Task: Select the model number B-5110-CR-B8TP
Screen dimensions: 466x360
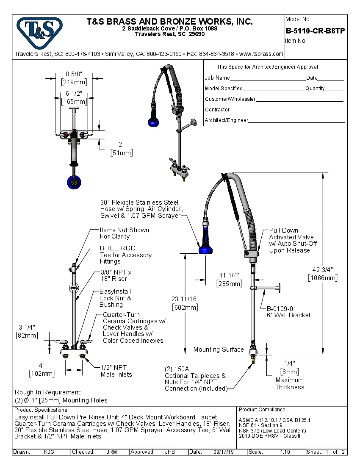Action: tap(316, 31)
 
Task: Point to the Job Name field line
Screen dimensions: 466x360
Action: tap(268, 78)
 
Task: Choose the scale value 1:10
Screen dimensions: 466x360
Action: tap(285, 452)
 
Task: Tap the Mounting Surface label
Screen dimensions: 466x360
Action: tap(219, 349)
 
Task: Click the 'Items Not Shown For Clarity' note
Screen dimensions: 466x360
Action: tap(124, 233)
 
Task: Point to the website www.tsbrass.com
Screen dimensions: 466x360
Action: tap(261, 54)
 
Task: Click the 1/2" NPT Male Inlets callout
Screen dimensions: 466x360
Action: tap(116, 371)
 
